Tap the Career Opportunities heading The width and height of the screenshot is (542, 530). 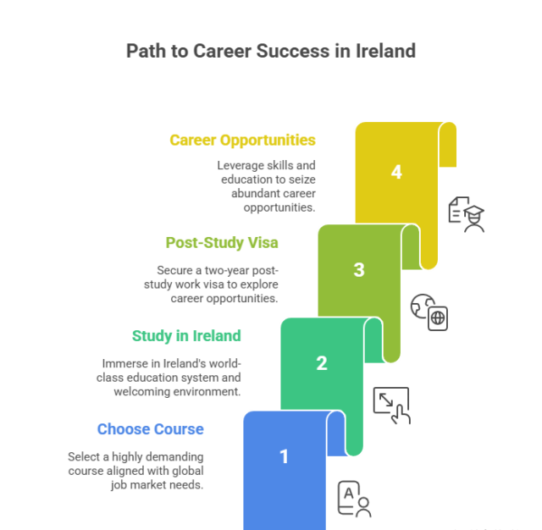(x=242, y=140)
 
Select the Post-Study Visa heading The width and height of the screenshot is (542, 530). (x=222, y=242)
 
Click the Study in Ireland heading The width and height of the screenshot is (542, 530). (x=186, y=335)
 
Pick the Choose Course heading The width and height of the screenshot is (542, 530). (x=150, y=428)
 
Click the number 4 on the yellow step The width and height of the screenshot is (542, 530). (x=395, y=173)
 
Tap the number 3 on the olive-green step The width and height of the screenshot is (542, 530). (x=358, y=270)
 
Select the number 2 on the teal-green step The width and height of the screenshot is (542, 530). (x=321, y=363)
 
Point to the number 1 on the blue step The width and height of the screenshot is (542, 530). (x=284, y=456)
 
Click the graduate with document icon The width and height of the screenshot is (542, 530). (x=466, y=213)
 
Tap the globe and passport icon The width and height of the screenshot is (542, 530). (x=429, y=311)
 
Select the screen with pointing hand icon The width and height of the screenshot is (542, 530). (x=391, y=405)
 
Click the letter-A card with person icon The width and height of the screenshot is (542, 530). (x=354, y=499)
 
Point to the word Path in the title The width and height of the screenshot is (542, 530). (x=146, y=51)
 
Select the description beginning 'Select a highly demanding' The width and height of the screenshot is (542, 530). (x=135, y=470)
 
